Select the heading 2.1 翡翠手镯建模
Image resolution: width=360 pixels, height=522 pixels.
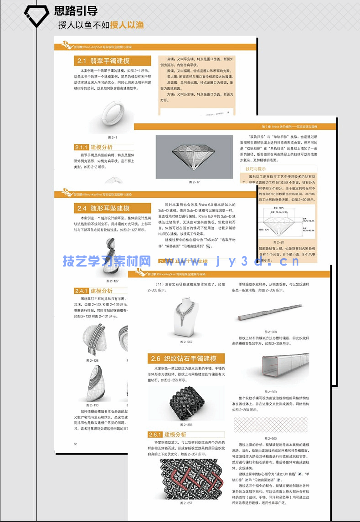click(x=104, y=61)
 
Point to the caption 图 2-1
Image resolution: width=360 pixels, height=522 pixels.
click(x=112, y=138)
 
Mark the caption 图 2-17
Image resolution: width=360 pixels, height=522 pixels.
click(x=195, y=182)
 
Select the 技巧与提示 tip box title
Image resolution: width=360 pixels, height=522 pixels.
click(x=256, y=169)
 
